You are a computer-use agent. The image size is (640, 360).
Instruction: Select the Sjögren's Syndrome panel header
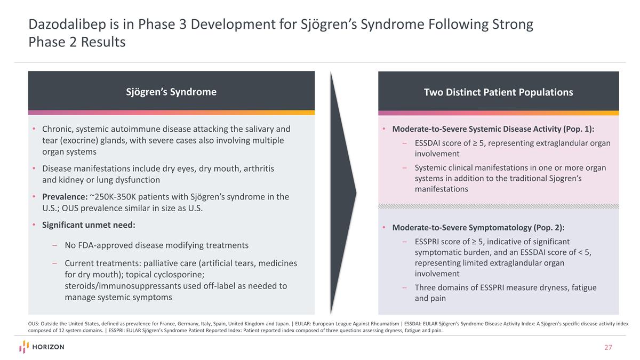(171, 92)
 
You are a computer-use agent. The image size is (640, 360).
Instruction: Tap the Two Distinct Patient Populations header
(498, 92)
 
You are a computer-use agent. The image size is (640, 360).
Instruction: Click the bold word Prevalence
(65, 197)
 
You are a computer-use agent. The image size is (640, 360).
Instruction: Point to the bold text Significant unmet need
(89, 225)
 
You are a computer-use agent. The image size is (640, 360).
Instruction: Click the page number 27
(608, 347)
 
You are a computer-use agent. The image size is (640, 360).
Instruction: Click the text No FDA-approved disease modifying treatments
(156, 245)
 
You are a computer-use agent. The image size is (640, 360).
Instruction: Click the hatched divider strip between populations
(498, 206)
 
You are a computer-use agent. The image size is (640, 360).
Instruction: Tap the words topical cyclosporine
(168, 275)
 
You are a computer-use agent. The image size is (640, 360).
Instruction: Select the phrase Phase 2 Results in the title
(77, 42)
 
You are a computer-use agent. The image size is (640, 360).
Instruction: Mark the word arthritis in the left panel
(255, 169)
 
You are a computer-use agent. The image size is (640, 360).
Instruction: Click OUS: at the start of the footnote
(35, 323)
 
